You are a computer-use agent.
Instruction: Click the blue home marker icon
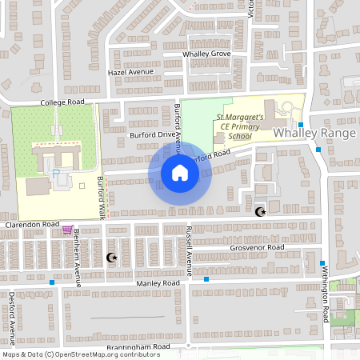(180, 173)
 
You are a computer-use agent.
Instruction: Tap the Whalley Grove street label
(206, 54)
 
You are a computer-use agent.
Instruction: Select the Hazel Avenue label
(130, 72)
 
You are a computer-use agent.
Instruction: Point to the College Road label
(63, 103)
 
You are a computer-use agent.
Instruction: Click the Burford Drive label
(151, 135)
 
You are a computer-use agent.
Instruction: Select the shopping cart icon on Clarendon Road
(67, 230)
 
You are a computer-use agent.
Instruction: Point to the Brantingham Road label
(138, 347)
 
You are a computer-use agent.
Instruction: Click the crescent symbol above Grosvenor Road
(259, 212)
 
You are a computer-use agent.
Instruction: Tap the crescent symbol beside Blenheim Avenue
(111, 257)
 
